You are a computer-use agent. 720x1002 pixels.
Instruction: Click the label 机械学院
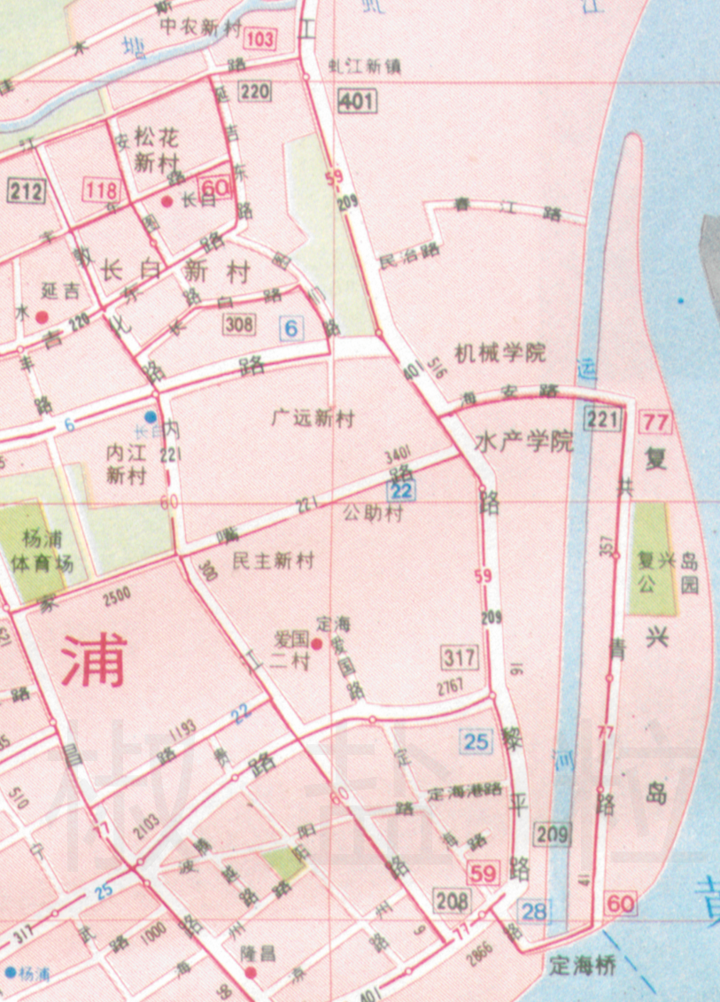[x=500, y=353]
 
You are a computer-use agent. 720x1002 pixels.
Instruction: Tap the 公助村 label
[x=372, y=513]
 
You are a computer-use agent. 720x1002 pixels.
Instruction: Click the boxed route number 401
[x=355, y=102]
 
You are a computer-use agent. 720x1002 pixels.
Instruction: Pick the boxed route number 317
[x=460, y=657]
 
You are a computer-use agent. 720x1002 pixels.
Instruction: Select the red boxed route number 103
[x=261, y=39]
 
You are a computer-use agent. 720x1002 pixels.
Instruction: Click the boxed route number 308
[x=240, y=324]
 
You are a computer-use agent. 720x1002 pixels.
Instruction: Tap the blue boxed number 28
[x=534, y=910]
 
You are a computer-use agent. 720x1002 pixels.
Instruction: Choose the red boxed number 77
[x=657, y=420]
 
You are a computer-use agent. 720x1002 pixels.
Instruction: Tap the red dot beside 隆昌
[x=251, y=973]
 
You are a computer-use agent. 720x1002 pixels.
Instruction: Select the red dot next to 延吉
[x=42, y=315]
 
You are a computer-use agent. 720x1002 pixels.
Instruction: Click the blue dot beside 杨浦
[x=10, y=972]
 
